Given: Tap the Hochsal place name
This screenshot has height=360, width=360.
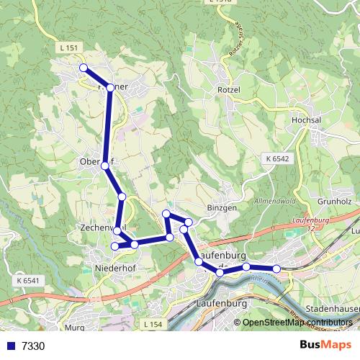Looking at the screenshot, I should click(x=305, y=120).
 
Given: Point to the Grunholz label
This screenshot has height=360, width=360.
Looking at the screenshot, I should click(x=333, y=192).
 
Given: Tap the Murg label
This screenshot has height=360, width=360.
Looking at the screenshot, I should click(x=74, y=328).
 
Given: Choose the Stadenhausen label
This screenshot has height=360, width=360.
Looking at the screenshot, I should click(x=332, y=308).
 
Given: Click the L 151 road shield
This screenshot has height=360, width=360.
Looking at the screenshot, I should click(x=69, y=47).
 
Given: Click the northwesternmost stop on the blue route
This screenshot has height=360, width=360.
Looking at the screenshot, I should click(x=83, y=68).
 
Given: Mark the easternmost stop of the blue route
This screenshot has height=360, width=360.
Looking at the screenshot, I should click(x=276, y=269).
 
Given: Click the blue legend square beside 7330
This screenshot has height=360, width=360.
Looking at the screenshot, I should click(x=9, y=346).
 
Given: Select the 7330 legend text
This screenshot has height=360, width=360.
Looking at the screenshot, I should click(x=33, y=346).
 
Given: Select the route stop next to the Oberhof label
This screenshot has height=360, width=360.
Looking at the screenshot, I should click(x=105, y=166).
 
